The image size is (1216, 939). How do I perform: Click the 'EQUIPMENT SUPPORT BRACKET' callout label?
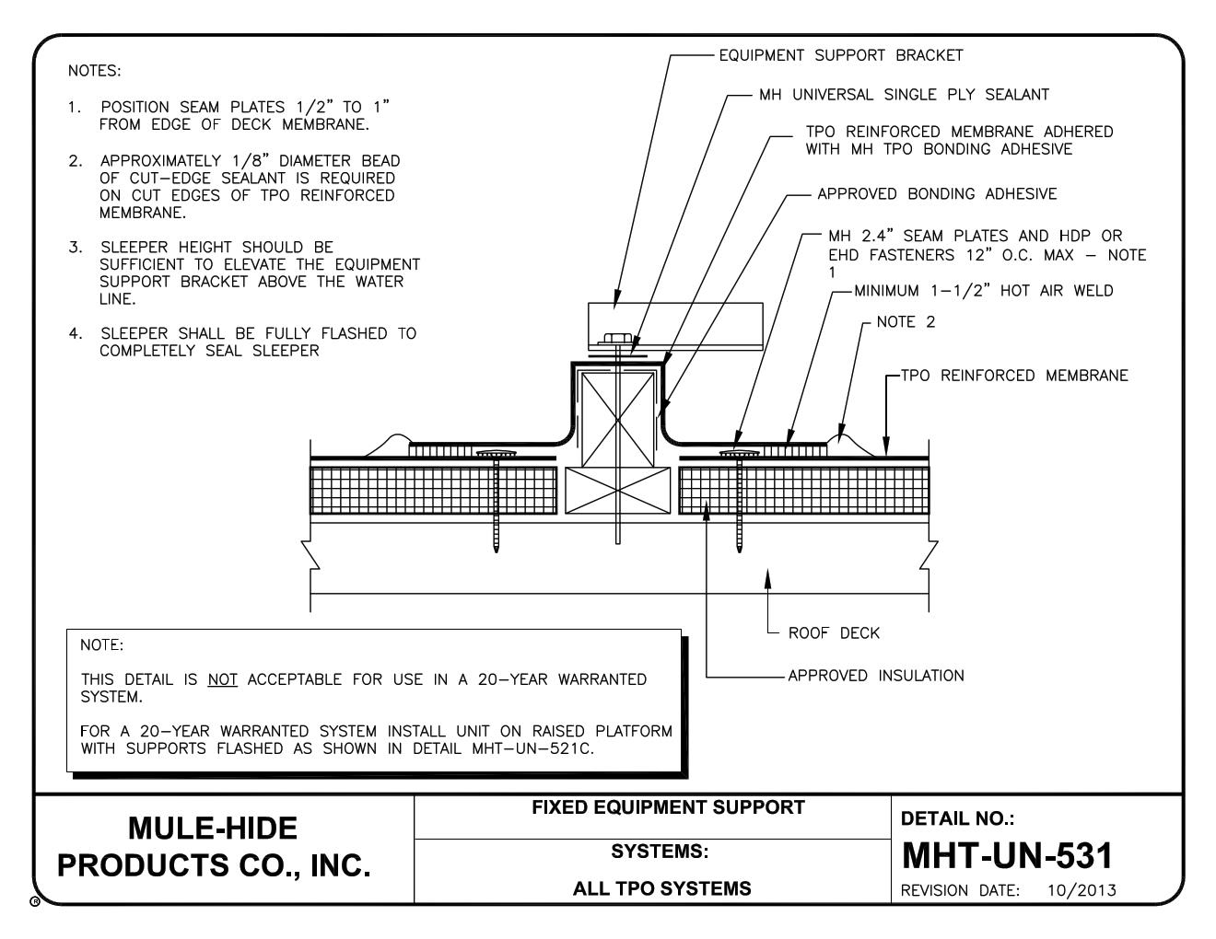(840, 55)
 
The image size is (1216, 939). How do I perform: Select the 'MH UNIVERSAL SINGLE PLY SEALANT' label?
(904, 94)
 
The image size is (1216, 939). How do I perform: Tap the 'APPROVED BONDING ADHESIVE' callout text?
(937, 193)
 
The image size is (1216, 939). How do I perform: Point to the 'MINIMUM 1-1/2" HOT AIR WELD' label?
(984, 291)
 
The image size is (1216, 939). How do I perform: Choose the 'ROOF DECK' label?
(834, 633)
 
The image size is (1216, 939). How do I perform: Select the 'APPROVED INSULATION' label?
(875, 676)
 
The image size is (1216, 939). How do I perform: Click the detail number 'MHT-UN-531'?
(1008, 856)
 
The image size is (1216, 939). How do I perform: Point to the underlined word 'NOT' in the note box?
(223, 680)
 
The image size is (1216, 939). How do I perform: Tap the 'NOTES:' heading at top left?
(94, 70)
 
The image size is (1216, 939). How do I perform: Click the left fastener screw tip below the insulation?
(497, 547)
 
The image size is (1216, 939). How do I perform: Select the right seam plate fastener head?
(737, 454)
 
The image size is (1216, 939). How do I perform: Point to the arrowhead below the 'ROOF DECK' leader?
(768, 575)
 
